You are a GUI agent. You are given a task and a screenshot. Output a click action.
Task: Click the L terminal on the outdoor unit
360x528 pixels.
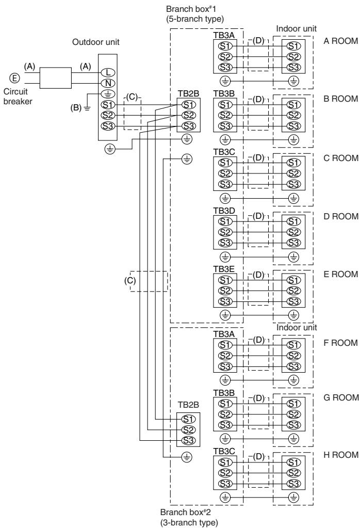(108, 72)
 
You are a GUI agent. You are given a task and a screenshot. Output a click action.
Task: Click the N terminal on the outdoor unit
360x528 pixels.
(108, 83)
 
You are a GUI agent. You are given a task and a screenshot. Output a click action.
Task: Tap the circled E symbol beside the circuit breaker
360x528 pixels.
(14, 78)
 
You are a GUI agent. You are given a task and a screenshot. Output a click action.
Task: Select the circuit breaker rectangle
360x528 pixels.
(56, 78)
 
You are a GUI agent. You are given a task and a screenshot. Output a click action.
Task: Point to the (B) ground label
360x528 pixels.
(76, 108)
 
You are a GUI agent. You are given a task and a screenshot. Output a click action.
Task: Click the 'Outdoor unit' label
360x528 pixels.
(96, 42)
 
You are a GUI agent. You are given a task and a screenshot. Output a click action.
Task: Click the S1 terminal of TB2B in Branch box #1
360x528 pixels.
(188, 105)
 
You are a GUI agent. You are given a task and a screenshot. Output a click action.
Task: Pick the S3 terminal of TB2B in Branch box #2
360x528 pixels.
(188, 440)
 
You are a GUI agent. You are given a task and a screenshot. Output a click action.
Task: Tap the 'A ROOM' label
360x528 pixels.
(340, 41)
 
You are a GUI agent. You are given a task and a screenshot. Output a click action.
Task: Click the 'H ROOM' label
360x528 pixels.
(341, 455)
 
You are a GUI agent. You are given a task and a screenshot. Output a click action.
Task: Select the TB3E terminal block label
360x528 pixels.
(224, 269)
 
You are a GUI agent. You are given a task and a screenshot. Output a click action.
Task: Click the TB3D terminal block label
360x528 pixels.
(224, 211)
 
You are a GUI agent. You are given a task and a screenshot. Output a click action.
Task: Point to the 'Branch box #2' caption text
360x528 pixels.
(185, 512)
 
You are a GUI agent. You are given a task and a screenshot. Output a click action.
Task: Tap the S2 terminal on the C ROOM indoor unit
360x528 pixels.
(293, 173)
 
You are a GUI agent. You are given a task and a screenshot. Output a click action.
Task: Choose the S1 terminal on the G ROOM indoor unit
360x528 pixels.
(293, 404)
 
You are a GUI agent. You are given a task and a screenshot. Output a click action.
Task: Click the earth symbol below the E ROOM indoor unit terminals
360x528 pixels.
(293, 315)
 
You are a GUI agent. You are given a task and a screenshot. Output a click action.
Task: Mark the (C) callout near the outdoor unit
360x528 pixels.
(132, 97)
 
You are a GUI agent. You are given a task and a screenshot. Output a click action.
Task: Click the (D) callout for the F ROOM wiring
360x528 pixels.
(258, 340)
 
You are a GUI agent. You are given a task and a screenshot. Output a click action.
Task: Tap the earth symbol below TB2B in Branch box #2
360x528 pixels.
(187, 457)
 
